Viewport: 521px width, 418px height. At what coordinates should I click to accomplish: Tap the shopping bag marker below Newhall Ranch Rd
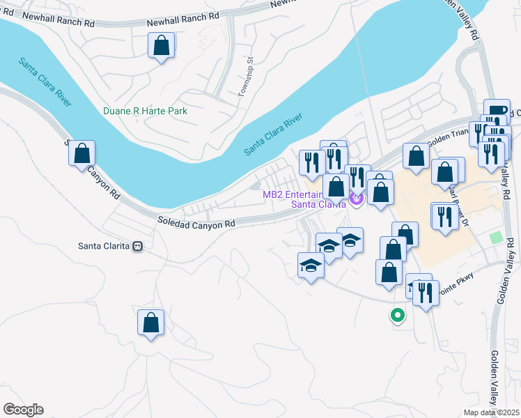tap(161, 47)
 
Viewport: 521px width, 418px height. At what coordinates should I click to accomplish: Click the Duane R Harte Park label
tap(145, 111)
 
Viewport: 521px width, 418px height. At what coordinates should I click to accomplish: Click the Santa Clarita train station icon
tap(138, 246)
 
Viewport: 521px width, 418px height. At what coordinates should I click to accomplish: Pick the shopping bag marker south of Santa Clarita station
tap(150, 323)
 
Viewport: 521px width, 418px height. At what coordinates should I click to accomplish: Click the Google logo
tap(23, 410)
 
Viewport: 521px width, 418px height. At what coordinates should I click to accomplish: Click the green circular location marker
tap(398, 316)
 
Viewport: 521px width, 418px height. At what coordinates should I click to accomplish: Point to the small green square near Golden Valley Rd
tap(495, 238)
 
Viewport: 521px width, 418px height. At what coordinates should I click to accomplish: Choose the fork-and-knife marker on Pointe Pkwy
tap(426, 292)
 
